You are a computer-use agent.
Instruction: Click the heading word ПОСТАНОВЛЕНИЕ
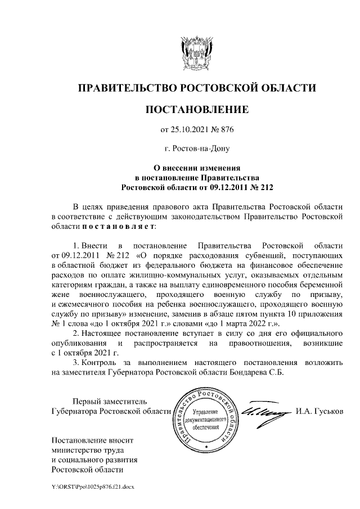pyautogui.click(x=197, y=109)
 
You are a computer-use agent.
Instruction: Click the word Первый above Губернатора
pyautogui.click(x=87, y=402)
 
